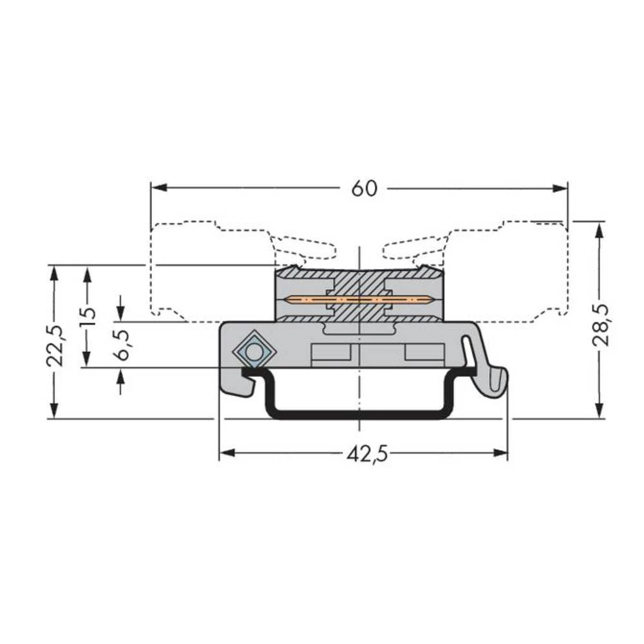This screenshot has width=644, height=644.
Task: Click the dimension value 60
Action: pos(364,188)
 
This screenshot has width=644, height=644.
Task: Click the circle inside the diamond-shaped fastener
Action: pos(254,352)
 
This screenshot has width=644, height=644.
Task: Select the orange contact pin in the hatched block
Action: pos(359,299)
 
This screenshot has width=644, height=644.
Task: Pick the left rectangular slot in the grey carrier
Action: pos(331,354)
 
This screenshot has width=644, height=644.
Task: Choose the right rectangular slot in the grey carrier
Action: pos(424,354)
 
